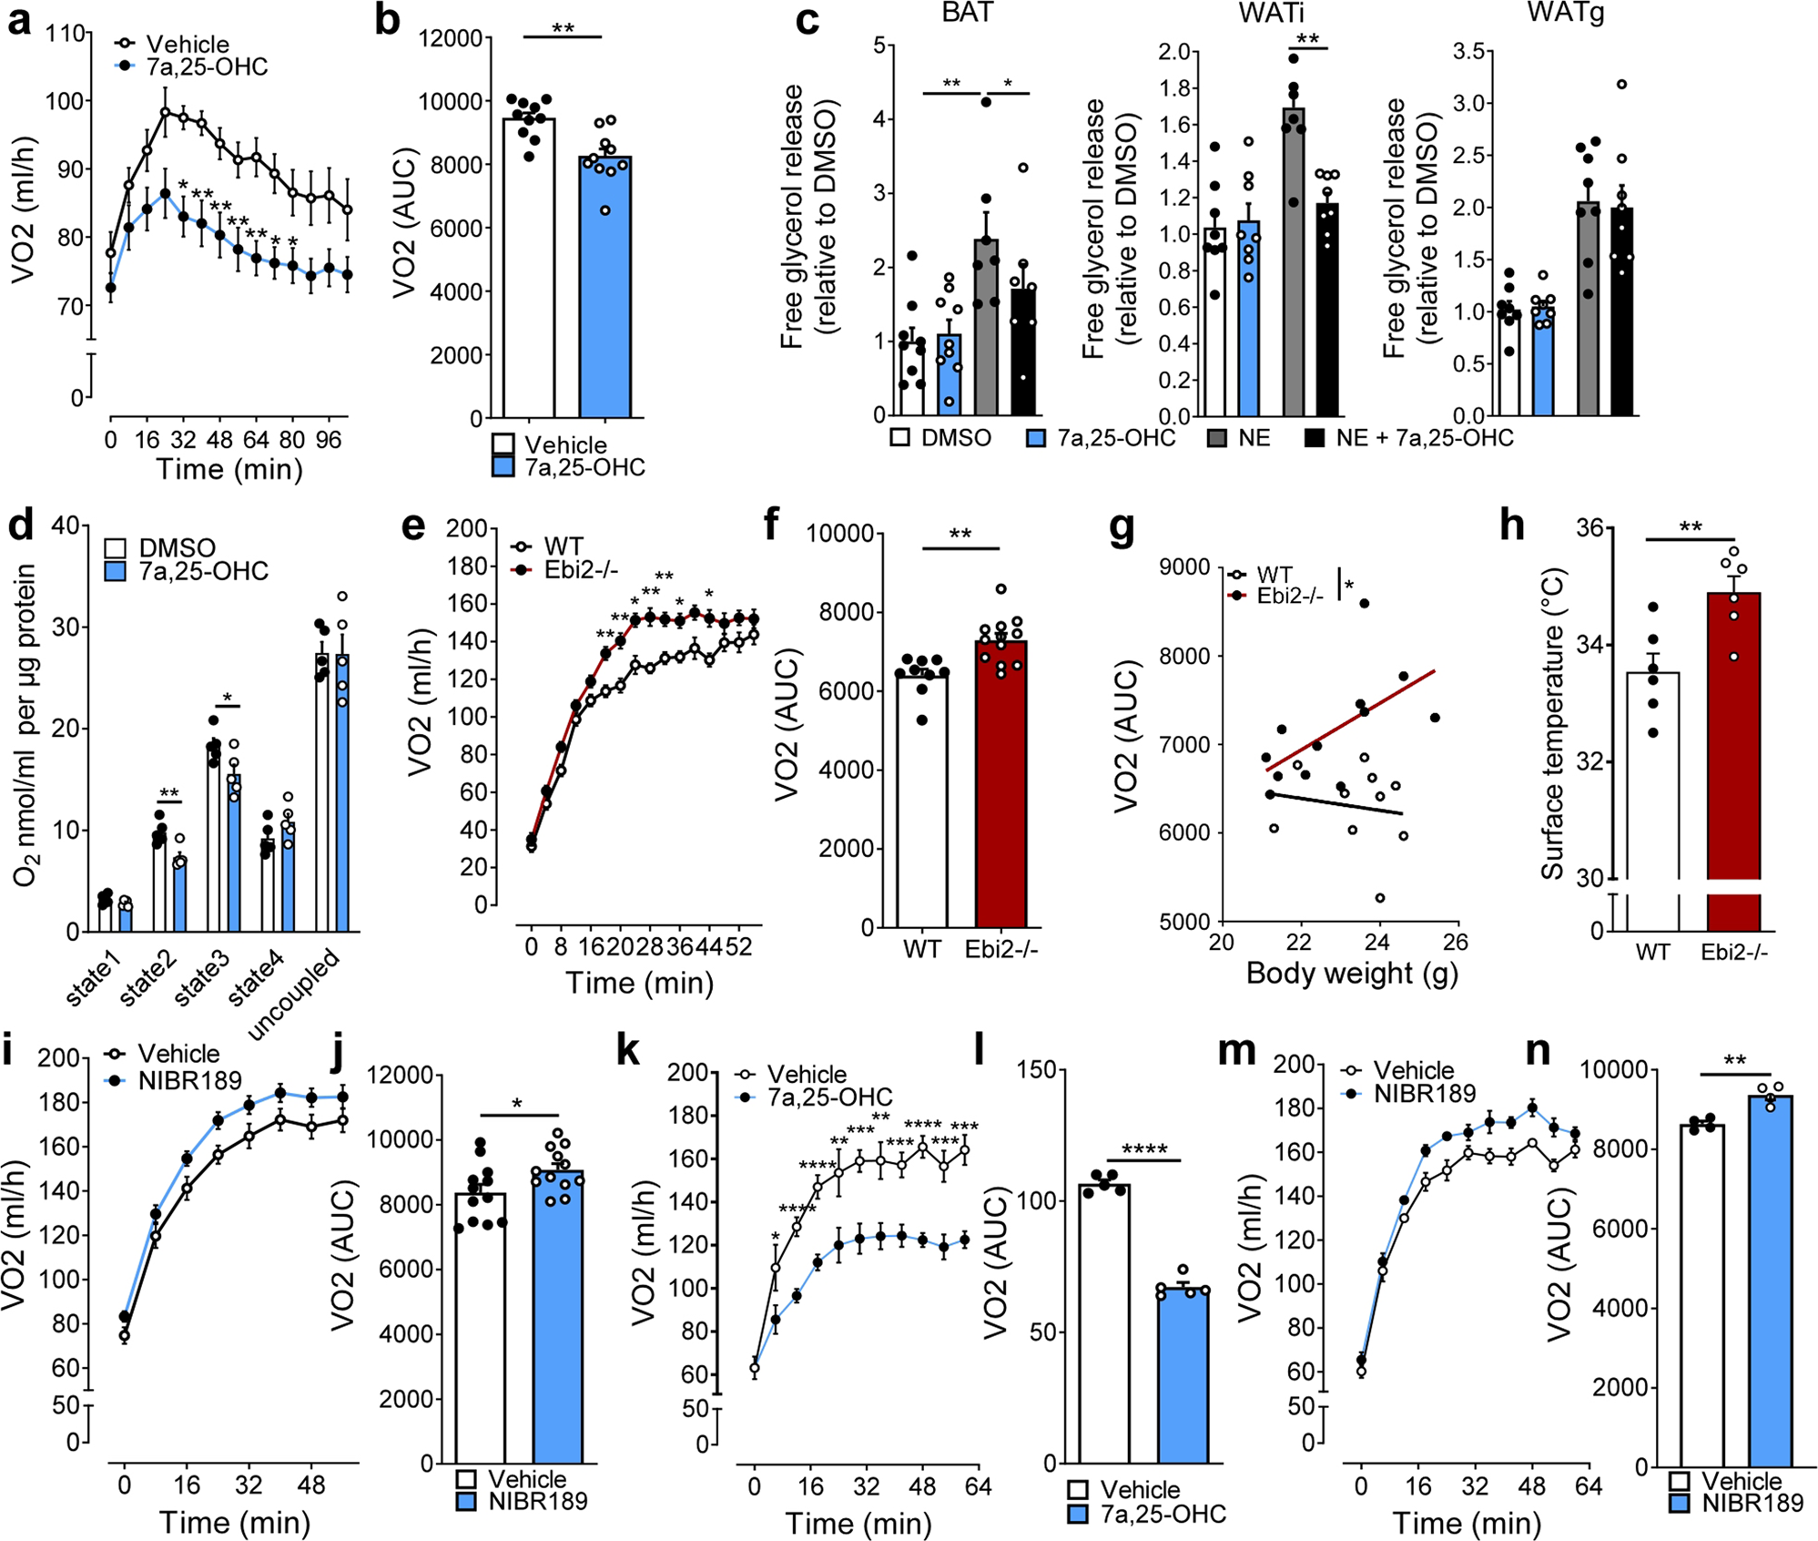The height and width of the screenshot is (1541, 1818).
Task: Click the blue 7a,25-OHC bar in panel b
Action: pos(604,291)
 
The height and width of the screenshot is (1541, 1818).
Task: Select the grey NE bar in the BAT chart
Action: pos(986,328)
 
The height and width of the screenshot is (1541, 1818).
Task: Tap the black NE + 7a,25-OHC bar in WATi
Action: pos(1327,310)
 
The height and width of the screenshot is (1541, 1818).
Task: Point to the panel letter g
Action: pos(1122,528)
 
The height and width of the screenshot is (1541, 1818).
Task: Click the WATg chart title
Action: pos(1566,14)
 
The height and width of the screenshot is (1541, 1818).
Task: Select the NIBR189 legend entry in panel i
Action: pos(188,1080)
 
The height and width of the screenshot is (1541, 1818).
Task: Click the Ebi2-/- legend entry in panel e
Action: pos(580,570)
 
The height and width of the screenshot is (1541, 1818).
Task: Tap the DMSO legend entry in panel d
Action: pos(176,548)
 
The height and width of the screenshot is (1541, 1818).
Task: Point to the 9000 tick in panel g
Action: pos(1184,568)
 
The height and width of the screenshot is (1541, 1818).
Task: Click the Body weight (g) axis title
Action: pos(1351,974)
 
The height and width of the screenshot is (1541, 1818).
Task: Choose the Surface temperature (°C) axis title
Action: pos(1551,724)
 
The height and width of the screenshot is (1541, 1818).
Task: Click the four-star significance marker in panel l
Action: pos(1143,1149)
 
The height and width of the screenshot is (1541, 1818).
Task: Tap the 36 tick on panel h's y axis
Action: pos(1589,528)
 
